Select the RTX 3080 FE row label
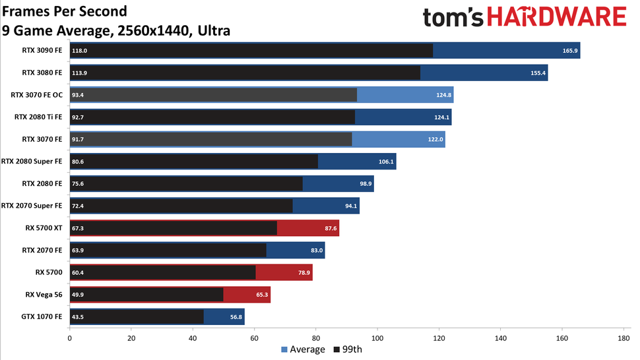point(42,73)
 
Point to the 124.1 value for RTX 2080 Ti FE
point(441,117)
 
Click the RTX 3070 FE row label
point(42,139)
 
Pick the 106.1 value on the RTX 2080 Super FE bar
point(386,162)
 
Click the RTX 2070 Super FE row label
point(32,206)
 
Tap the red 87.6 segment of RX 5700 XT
point(307,228)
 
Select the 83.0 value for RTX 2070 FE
point(315,251)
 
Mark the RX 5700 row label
point(49,272)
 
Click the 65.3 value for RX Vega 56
point(261,295)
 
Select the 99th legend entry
point(348,349)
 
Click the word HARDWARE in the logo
point(560,18)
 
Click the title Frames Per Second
point(64,12)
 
